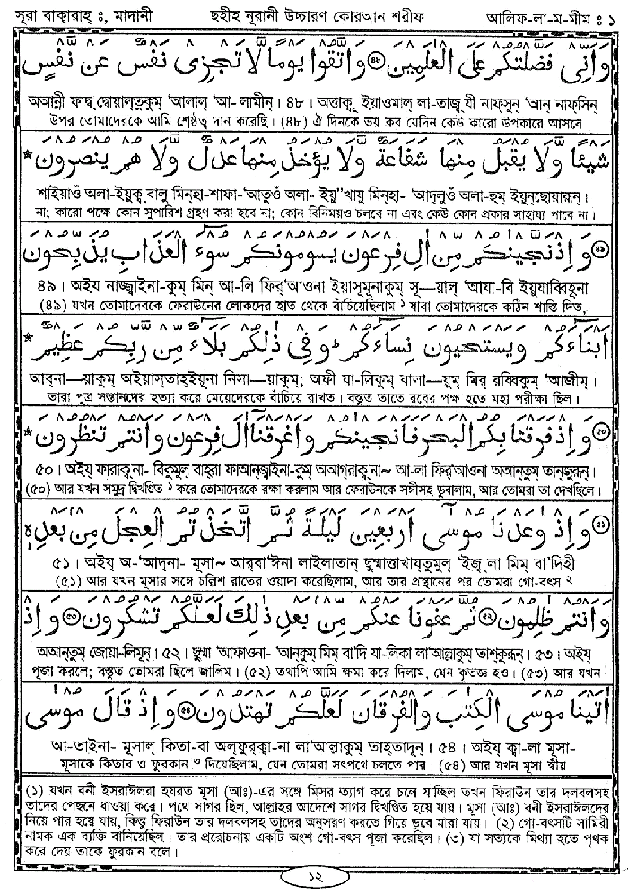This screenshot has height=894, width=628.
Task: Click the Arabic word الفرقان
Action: click(x=280, y=712)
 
